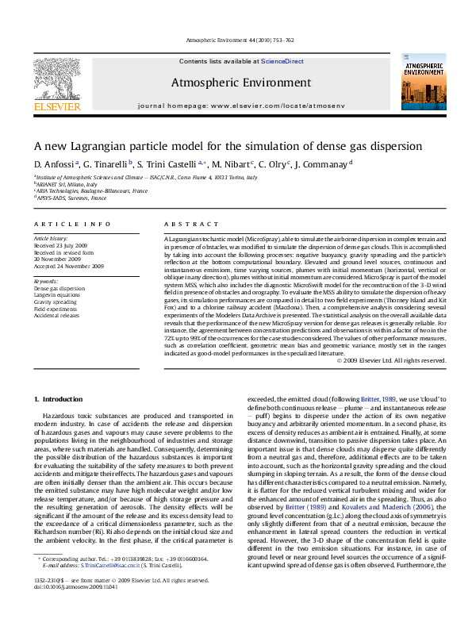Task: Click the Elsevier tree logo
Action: click(x=53, y=79)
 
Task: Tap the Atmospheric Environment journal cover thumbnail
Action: click(x=417, y=83)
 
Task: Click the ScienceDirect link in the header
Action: click(x=282, y=61)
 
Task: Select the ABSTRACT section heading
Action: click(x=183, y=225)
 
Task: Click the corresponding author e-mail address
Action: click(x=113, y=587)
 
